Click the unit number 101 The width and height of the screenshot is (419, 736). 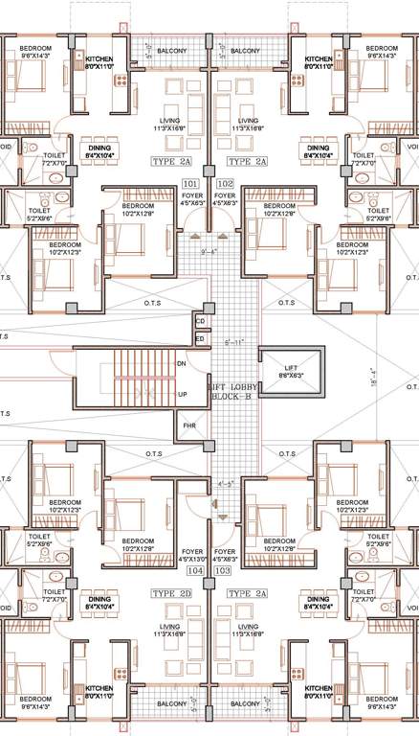(x=189, y=182)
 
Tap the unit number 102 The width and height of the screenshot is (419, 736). (x=226, y=182)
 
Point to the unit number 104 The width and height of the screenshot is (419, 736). (x=195, y=570)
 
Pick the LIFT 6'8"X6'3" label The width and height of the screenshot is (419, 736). (x=292, y=374)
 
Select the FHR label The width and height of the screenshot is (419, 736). (x=187, y=425)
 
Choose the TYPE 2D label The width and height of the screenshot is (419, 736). (x=172, y=594)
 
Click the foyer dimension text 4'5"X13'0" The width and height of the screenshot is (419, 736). (x=195, y=560)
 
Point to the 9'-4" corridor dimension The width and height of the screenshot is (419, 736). (x=209, y=252)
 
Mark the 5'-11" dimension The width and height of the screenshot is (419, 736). (x=232, y=341)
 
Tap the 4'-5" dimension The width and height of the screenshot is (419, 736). (x=226, y=484)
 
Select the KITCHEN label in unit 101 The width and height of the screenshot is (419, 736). (x=99, y=60)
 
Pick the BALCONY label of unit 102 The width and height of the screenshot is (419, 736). (x=246, y=50)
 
